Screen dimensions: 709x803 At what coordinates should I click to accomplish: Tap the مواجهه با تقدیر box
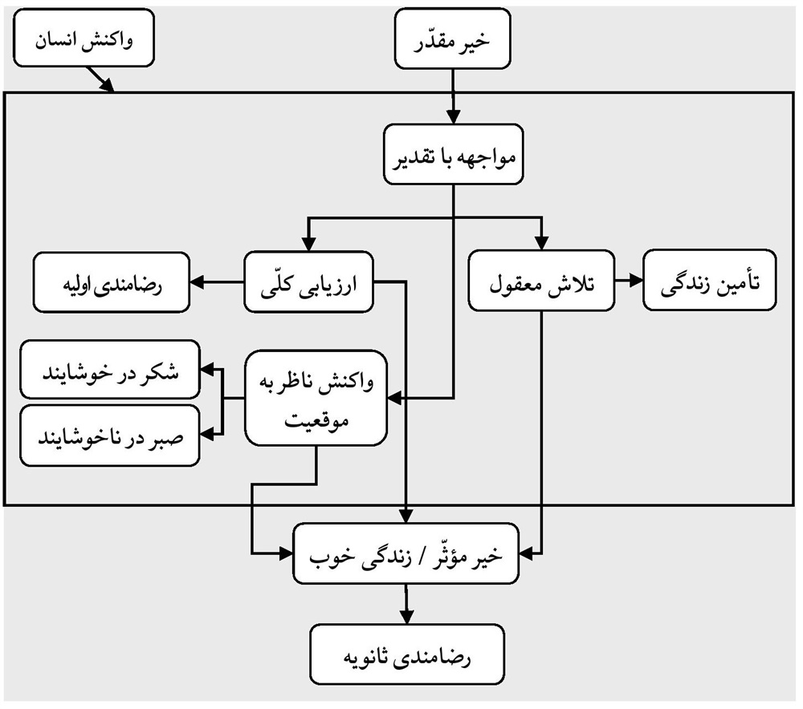tap(454, 155)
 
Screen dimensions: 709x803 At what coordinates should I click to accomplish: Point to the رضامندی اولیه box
tap(112, 282)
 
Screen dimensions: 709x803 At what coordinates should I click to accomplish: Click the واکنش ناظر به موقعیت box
tap(317, 399)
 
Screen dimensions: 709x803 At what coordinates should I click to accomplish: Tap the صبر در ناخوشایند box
tap(110, 436)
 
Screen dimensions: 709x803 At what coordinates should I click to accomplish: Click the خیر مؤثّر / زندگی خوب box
tap(408, 554)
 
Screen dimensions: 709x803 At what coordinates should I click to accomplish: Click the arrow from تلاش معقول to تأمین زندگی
tap(629, 282)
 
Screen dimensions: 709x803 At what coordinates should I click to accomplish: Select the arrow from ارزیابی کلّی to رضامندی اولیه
tap(217, 282)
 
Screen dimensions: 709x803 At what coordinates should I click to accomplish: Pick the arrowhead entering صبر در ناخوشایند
tap(206, 434)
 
